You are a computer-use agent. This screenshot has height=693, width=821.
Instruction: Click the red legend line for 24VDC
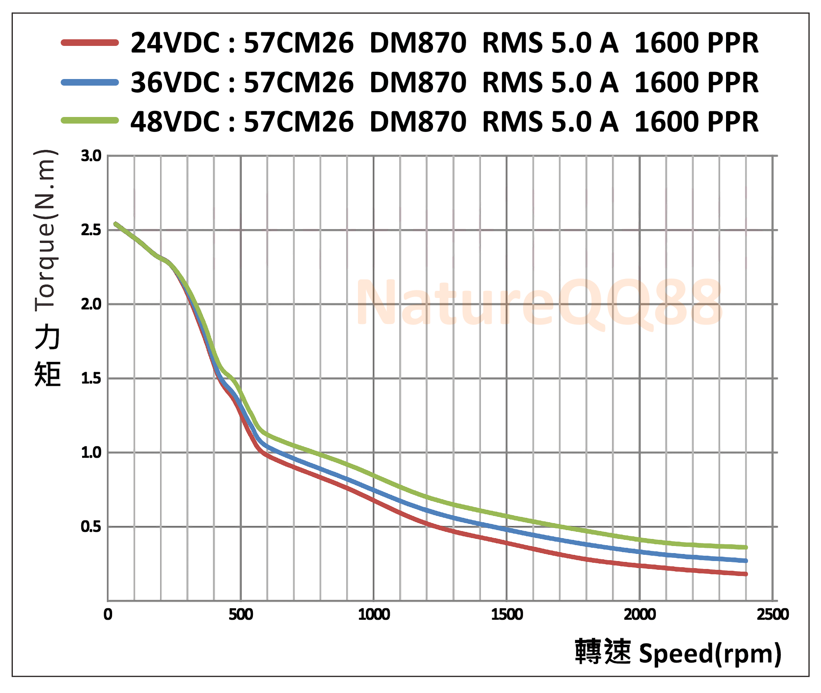[90, 43]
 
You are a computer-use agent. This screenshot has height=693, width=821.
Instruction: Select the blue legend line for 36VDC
[90, 82]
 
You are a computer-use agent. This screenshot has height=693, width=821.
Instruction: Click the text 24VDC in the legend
[175, 43]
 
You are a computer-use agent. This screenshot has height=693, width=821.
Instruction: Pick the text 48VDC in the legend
[175, 122]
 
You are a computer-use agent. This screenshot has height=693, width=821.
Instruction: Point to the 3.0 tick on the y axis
[91, 156]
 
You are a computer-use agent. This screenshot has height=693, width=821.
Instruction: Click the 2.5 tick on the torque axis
[91, 230]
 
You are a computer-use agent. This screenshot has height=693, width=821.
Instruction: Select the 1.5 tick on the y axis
[91, 378]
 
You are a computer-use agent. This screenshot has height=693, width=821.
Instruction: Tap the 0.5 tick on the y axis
[91, 527]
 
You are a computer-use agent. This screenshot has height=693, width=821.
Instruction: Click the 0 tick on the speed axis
[108, 614]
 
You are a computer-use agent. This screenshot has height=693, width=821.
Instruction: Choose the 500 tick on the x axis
[241, 614]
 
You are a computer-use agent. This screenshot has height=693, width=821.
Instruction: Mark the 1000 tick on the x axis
[374, 614]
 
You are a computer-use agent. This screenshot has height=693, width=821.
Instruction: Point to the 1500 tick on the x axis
[507, 614]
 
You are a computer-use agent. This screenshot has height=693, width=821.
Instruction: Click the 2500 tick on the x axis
[772, 614]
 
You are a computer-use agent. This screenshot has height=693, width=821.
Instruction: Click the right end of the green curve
[746, 547]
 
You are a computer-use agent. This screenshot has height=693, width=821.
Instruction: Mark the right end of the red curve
[746, 574]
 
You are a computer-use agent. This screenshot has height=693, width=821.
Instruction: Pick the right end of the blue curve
[746, 561]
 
